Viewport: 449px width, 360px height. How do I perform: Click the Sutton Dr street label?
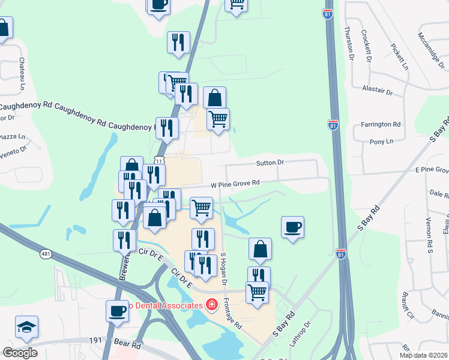pos(270,162)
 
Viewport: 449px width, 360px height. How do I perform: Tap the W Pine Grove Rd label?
pos(235,183)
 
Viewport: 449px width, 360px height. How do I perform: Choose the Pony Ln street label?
pos(381,142)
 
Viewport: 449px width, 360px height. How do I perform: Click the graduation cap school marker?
pos(26,327)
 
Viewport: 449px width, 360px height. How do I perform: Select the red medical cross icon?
pos(211,306)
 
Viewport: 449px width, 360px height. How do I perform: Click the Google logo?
pos(20,352)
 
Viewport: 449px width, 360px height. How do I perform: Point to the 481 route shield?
pos(46,254)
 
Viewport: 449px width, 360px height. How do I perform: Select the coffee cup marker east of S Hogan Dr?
pos(293,227)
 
